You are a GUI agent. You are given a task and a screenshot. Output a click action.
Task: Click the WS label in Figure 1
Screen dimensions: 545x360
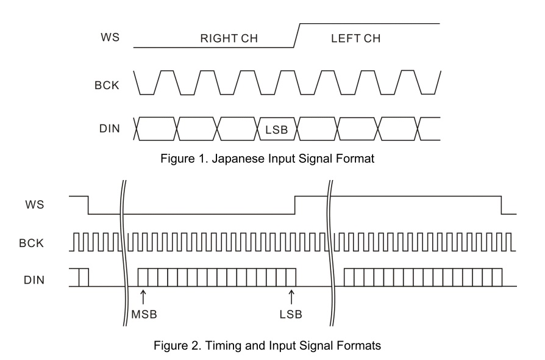pos(110,37)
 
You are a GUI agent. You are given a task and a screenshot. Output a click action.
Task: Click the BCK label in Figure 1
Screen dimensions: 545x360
pos(107,85)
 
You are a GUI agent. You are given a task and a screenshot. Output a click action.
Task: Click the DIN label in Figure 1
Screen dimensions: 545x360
pos(110,129)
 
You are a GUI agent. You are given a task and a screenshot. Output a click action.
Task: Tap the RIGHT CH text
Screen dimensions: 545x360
pos(229,38)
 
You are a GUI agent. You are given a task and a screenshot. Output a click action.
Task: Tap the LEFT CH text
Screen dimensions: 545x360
pos(355,38)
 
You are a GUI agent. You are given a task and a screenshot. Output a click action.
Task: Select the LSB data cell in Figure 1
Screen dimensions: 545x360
pos(277,129)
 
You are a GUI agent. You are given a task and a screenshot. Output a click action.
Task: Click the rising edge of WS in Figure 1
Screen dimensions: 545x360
pos(297,35)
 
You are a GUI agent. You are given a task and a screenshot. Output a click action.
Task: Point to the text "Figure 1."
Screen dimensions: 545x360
pos(184,159)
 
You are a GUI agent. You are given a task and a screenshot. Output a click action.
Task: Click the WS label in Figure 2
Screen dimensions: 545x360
pos(35,204)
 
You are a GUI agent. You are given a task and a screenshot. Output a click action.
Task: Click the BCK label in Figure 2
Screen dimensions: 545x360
pos(31,243)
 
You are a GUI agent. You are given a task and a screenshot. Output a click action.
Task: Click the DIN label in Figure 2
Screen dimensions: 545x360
pos(34,280)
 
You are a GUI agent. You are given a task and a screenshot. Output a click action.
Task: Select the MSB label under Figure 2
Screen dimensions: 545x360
pos(144,314)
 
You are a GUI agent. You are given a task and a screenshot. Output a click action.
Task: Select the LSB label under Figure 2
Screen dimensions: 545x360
pos(291,314)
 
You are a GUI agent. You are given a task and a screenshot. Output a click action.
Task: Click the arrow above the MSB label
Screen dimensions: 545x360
pos(143,297)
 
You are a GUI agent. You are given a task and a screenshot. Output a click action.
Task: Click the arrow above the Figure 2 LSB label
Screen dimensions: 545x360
pos(291,297)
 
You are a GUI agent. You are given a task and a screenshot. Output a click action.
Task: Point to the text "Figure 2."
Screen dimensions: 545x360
pos(177,346)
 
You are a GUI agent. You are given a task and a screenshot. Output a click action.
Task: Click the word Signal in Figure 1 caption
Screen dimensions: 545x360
pos(315,159)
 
